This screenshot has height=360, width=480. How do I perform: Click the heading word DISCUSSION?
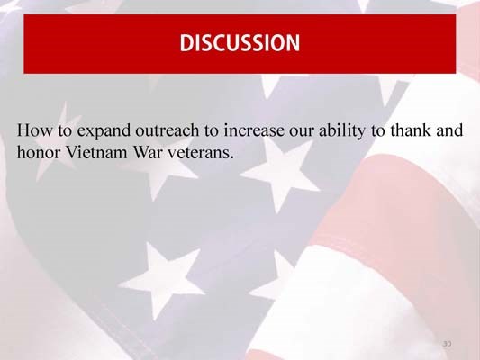pyautogui.click(x=239, y=42)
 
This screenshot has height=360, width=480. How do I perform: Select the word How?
pyautogui.click(x=32, y=131)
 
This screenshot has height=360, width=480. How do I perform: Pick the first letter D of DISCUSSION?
pyautogui.click(x=186, y=42)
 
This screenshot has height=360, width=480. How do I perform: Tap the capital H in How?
pyautogui.click(x=23, y=131)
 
